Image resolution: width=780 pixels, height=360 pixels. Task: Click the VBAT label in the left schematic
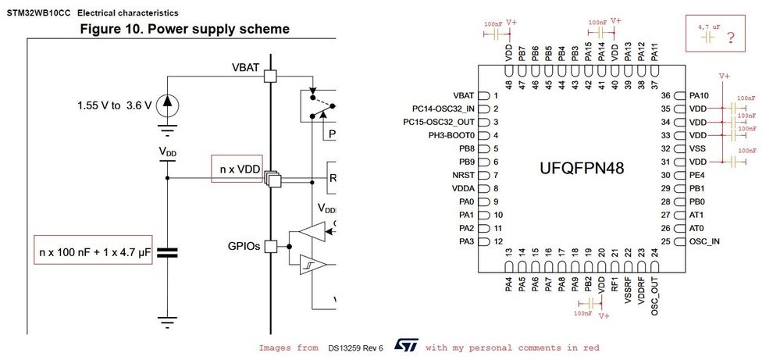pyautogui.click(x=245, y=67)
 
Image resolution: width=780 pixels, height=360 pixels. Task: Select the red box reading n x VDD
pyautogui.click(x=237, y=168)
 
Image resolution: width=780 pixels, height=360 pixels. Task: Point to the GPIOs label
pyautogui.click(x=244, y=245)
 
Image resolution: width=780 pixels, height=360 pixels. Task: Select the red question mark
pyautogui.click(x=731, y=37)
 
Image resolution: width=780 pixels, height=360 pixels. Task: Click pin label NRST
pyautogui.click(x=464, y=175)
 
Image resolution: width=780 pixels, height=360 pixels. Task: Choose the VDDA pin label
pyautogui.click(x=462, y=188)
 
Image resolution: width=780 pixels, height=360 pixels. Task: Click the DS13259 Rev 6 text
pyautogui.click(x=355, y=348)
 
